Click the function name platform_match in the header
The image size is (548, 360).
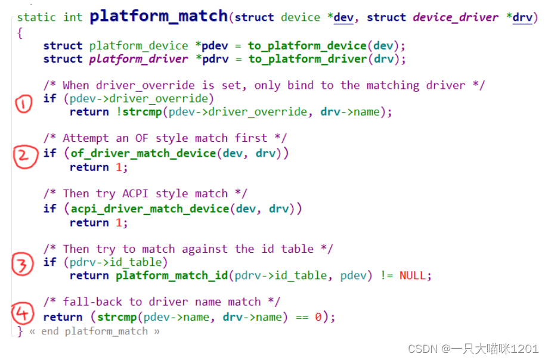tap(159, 16)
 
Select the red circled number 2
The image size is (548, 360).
tap(23, 156)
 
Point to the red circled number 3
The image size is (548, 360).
tap(23, 265)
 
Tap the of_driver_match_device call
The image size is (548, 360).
tap(143, 153)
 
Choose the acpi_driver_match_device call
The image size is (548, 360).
tap(150, 209)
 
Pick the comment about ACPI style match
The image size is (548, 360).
tap(145, 194)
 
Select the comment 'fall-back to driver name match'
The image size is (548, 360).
tap(162, 302)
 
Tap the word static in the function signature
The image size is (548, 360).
tap(37, 17)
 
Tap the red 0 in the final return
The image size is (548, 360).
tap(318, 317)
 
